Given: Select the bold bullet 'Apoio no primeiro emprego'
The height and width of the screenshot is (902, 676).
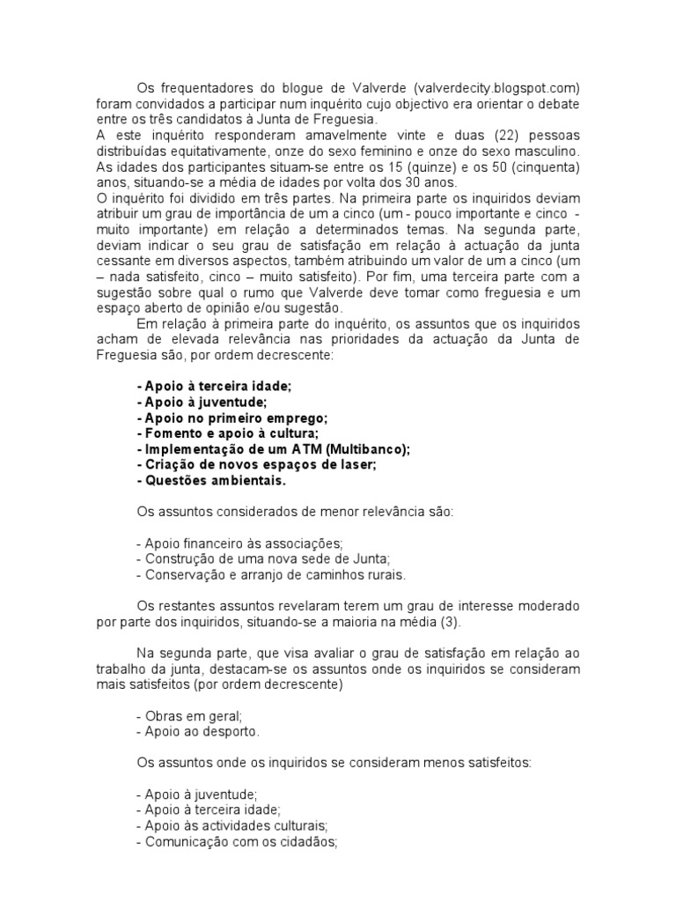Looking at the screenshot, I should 232,418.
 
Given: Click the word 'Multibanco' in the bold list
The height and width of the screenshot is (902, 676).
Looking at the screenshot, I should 366,449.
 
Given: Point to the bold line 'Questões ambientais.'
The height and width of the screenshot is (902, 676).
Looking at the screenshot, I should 212,481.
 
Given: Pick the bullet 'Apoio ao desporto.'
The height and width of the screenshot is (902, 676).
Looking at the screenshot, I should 199,731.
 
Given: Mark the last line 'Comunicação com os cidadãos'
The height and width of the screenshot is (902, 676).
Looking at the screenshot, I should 238,841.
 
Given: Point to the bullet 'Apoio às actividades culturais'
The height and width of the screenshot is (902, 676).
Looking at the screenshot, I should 232,825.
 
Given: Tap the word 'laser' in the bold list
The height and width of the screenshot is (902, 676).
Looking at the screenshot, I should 358,465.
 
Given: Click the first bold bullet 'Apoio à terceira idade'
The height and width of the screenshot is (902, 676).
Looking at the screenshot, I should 214,386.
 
